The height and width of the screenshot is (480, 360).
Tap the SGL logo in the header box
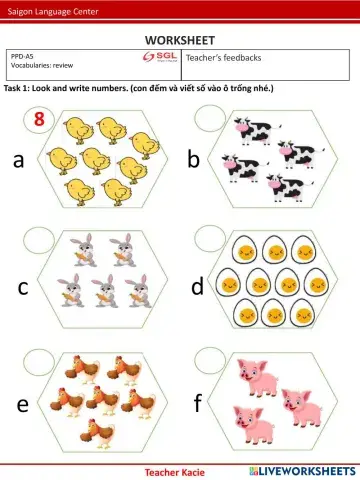click(160, 59)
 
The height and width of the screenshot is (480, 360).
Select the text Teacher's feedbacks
click(223, 59)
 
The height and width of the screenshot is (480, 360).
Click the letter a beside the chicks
click(18, 159)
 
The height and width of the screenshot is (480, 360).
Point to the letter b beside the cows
click(194, 159)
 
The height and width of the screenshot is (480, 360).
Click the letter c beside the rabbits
click(22, 288)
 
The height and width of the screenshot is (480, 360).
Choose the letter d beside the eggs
click(197, 288)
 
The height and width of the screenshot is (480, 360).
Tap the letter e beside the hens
click(21, 404)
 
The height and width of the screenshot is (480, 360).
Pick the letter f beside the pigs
click(197, 404)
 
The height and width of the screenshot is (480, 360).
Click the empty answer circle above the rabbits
click(39, 240)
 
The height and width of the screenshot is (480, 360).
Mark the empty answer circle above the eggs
click(213, 240)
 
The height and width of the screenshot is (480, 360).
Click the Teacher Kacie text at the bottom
click(174, 470)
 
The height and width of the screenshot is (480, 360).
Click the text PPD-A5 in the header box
click(23, 57)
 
